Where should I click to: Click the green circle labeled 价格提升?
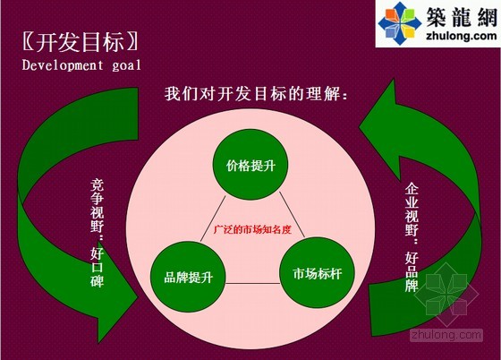click(250, 165)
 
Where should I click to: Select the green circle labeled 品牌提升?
click(188, 277)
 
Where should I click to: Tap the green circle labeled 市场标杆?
click(318, 273)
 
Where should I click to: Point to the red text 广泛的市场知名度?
click(252, 229)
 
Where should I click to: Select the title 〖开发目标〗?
click(81, 42)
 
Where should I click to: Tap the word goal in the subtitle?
click(127, 66)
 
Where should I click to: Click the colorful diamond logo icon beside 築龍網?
click(399, 23)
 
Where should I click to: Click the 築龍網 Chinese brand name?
click(462, 17)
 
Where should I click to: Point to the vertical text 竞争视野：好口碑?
click(97, 233)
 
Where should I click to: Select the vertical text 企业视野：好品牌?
click(412, 237)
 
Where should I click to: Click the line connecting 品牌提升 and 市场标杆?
click(252, 283)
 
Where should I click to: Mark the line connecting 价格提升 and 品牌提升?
click(213, 219)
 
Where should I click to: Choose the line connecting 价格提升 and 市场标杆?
click(292, 215)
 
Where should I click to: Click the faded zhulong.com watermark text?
click(446, 335)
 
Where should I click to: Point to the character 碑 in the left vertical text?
click(97, 280)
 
